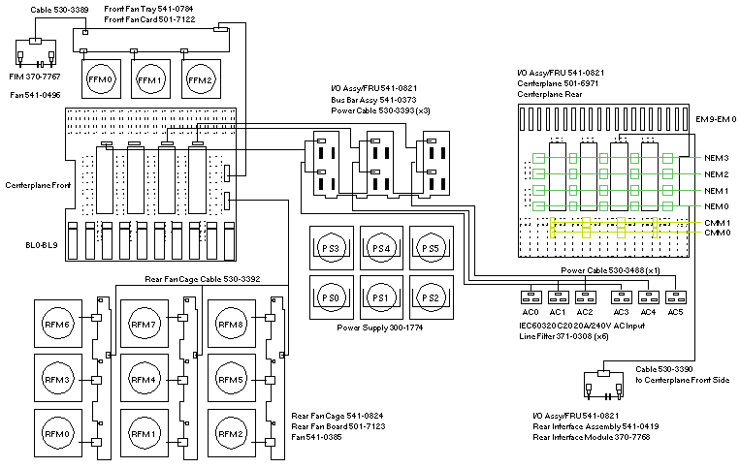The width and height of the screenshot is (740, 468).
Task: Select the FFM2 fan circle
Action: (x=199, y=78)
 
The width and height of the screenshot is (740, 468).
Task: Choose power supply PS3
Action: (x=333, y=249)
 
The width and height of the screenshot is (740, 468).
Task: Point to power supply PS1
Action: (x=381, y=296)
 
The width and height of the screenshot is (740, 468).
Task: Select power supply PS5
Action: (x=431, y=249)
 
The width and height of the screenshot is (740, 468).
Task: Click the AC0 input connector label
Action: (x=531, y=313)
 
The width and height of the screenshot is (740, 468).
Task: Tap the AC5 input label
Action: (x=675, y=313)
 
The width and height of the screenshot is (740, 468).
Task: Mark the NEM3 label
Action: (x=717, y=157)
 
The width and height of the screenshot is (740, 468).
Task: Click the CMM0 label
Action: (x=717, y=233)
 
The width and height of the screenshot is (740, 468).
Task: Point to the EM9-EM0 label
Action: (x=717, y=118)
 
